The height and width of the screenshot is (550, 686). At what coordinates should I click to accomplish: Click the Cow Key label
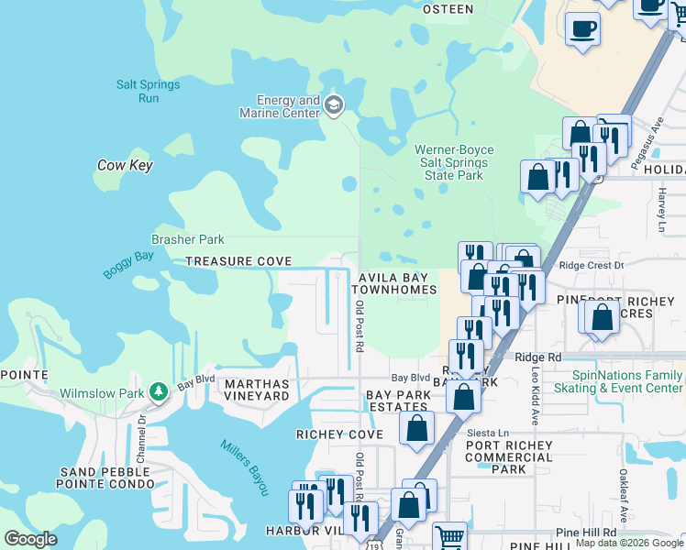[x=125, y=166]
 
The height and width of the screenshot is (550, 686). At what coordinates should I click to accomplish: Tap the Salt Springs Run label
[x=148, y=91]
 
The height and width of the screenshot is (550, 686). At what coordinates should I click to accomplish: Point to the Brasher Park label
[x=188, y=239]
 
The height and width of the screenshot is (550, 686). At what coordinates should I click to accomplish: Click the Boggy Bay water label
[x=128, y=264]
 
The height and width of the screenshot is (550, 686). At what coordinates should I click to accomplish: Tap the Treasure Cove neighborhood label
[x=238, y=261]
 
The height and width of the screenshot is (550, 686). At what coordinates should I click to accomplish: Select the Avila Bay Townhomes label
[x=396, y=283]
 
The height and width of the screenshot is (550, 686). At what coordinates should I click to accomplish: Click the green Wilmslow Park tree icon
[x=158, y=392]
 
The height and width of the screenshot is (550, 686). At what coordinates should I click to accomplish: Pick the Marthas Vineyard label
[x=257, y=390]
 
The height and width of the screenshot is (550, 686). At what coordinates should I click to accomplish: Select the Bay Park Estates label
[x=398, y=401]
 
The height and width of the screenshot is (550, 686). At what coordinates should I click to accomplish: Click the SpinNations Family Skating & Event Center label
[x=627, y=381]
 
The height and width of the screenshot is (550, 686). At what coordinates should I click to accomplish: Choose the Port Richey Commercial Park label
[x=509, y=457]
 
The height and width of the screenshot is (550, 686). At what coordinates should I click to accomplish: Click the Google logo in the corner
[x=30, y=539]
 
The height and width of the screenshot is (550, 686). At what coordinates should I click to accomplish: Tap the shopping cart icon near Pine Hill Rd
[x=449, y=537]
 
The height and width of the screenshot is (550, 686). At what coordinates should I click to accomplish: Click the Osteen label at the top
[x=448, y=9]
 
